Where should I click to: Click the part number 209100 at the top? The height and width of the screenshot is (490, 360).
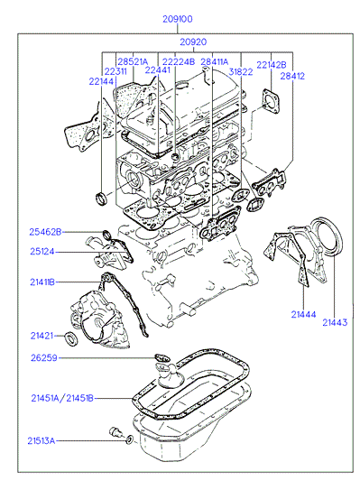[x=178, y=19]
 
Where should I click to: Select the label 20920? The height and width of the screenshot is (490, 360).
[x=193, y=42]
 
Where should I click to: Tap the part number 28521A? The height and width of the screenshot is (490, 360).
[x=133, y=61]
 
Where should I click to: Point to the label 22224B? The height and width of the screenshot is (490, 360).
[x=179, y=61]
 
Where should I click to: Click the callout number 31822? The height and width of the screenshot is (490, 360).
[x=241, y=72]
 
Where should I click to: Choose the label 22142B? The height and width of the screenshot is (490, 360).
[x=272, y=65]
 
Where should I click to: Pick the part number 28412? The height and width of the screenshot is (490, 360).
[x=292, y=76]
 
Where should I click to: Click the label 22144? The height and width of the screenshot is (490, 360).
[x=101, y=81]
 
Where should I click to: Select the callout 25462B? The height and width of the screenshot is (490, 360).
[x=45, y=232]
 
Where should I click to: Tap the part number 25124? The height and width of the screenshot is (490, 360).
[x=42, y=251]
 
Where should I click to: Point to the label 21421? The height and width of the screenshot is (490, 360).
[x=42, y=336]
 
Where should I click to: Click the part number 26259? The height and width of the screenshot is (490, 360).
[x=44, y=358]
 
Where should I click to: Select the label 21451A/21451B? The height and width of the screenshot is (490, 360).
[x=62, y=398]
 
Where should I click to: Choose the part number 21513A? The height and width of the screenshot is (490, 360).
[x=41, y=440]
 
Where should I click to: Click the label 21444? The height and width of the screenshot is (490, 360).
[x=303, y=314]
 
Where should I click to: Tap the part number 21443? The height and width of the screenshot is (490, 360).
[x=335, y=322]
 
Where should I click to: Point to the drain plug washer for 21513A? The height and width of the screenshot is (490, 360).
[x=130, y=439]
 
